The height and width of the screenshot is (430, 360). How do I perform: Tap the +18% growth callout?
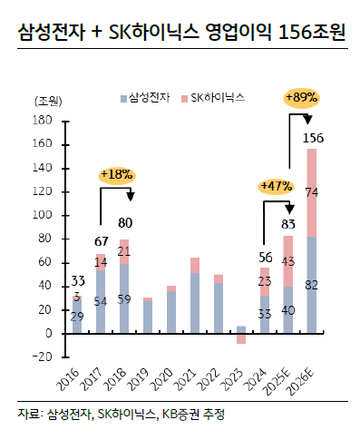click(x=118, y=173)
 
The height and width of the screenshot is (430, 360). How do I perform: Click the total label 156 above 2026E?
click(x=313, y=138)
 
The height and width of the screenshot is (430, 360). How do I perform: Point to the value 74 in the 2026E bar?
click(x=312, y=192)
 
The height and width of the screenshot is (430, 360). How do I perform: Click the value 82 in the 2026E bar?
click(x=312, y=285)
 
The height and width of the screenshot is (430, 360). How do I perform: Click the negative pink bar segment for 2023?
click(x=241, y=338)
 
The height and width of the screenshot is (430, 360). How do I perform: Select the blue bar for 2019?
click(x=147, y=318)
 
